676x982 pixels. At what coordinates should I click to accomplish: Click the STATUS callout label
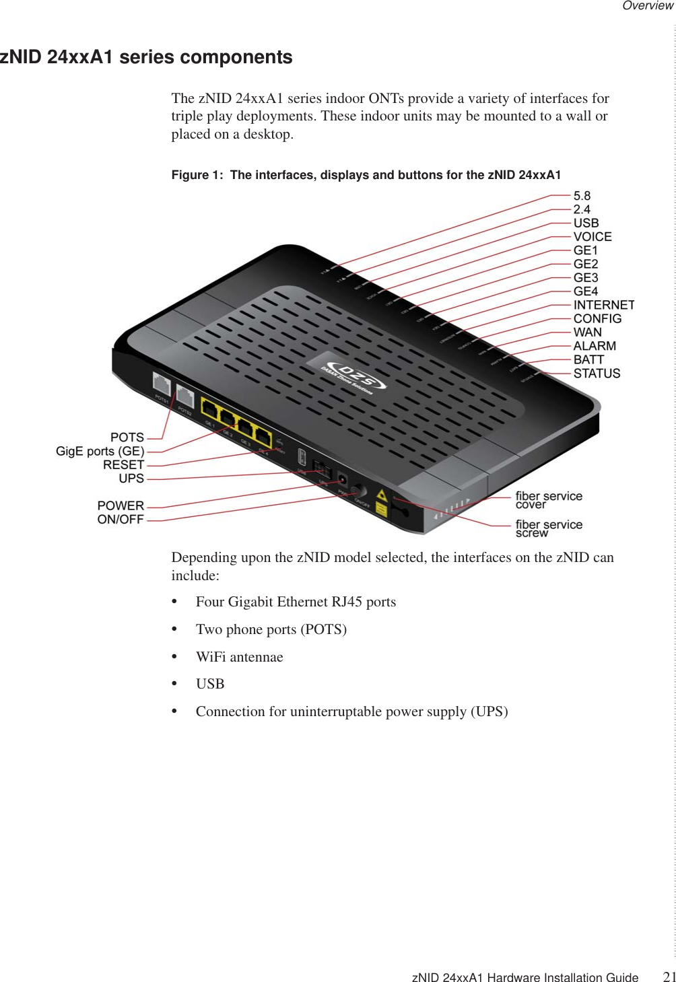(597, 374)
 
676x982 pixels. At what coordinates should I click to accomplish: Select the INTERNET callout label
(603, 305)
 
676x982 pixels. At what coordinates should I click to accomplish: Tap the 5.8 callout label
(582, 196)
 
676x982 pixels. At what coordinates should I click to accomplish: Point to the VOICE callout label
(593, 237)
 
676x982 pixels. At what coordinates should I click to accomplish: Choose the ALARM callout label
(595, 346)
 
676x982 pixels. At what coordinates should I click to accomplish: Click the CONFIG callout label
(597, 319)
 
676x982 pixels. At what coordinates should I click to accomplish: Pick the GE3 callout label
(586, 278)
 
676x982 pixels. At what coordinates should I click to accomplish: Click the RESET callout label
(123, 465)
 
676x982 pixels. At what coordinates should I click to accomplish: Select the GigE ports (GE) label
(100, 452)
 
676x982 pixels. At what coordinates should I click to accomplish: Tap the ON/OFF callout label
(121, 520)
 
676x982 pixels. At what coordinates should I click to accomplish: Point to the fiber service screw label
(549, 528)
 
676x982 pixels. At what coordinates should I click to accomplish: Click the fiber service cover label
(549, 500)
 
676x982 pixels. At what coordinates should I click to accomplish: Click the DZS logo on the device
(353, 378)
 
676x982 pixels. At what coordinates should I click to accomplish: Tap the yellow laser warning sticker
(381, 503)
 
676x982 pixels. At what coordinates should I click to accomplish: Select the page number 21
(669, 977)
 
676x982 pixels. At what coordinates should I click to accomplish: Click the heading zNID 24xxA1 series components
(146, 57)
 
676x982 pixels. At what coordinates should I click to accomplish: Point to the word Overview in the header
(647, 6)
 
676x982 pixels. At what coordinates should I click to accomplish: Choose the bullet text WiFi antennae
(239, 657)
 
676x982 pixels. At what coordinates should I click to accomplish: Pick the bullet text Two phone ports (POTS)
(271, 629)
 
